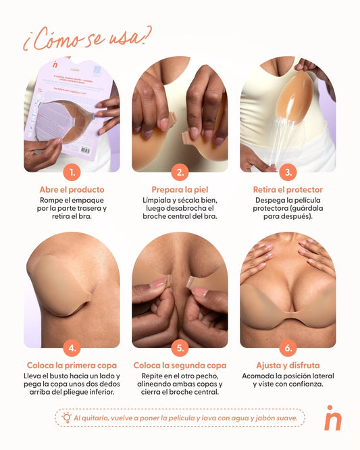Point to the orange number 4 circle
point(72,348)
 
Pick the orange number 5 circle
point(180,348)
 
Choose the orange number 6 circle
point(288,348)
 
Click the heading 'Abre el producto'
point(72,190)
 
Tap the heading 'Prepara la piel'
point(180,190)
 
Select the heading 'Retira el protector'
point(288,190)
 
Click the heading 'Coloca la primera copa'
point(72,366)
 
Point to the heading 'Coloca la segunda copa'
point(180,366)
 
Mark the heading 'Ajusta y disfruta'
point(288,366)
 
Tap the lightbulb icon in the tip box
point(66,418)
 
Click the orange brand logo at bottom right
point(332,418)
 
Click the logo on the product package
point(56,66)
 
